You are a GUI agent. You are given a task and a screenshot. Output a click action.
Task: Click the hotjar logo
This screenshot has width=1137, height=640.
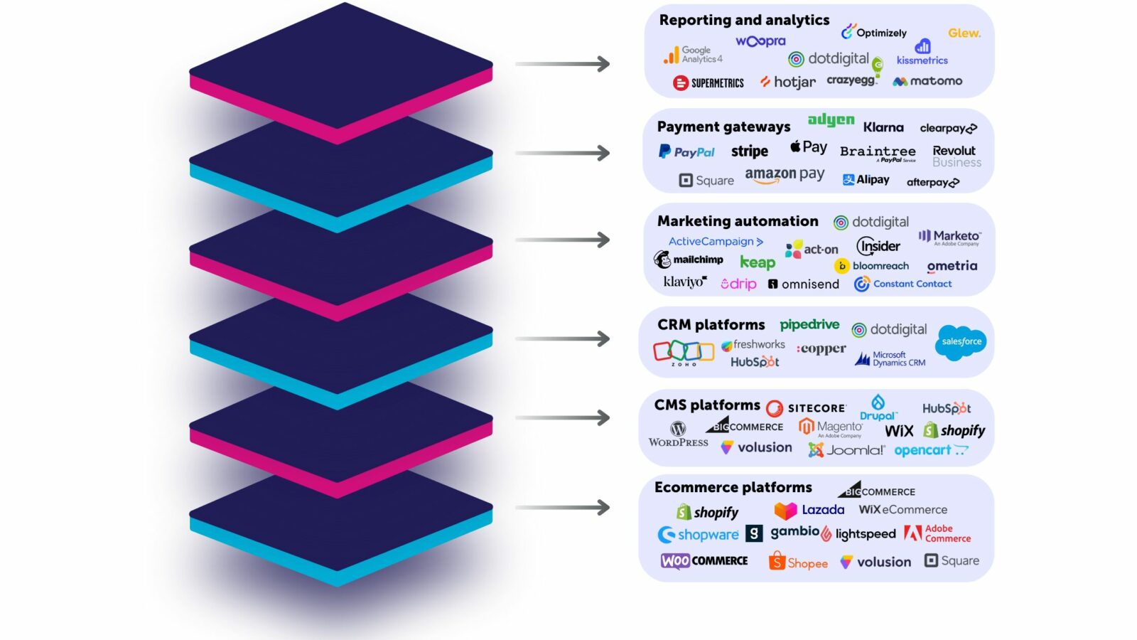click(x=787, y=82)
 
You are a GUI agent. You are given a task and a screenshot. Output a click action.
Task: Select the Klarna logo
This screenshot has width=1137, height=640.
click(x=883, y=127)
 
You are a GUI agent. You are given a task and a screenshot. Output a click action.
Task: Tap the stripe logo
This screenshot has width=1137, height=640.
click(x=749, y=151)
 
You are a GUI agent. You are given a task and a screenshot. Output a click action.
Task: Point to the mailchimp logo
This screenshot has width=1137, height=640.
click(x=689, y=260)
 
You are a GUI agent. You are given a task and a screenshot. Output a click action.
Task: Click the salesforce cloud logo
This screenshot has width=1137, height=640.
click(x=961, y=341)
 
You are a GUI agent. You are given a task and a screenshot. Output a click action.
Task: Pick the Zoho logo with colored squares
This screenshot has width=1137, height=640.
click(x=683, y=351)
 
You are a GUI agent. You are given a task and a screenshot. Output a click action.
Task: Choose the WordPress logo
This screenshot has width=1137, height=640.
click(x=678, y=433)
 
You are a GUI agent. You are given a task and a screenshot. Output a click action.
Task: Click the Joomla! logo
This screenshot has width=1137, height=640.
click(x=846, y=450)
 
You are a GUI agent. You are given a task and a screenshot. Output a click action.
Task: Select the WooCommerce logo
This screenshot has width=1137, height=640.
click(x=704, y=560)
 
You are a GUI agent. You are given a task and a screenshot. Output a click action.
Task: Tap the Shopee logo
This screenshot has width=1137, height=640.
click(x=798, y=562)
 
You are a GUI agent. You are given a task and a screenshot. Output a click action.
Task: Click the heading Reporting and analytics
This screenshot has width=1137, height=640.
click(x=744, y=20)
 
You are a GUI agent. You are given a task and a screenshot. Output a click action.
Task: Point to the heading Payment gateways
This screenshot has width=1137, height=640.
click(x=723, y=127)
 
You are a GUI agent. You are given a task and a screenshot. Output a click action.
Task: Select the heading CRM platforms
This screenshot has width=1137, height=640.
click(x=711, y=325)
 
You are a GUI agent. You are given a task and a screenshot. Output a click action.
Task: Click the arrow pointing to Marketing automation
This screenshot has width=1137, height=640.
click(x=562, y=240)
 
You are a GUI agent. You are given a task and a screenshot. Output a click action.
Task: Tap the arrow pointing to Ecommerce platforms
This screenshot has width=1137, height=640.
click(x=562, y=507)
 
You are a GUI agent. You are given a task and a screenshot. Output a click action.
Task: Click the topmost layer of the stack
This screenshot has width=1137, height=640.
click(x=341, y=64)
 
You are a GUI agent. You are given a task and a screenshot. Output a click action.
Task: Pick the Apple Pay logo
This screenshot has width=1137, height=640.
click(x=809, y=147)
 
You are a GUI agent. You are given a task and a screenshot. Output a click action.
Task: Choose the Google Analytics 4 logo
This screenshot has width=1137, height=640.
click(x=693, y=55)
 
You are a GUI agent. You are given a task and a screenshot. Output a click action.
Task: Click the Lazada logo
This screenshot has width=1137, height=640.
click(x=809, y=510)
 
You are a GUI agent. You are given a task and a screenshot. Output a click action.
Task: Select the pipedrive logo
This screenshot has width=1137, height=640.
click(x=809, y=325)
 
